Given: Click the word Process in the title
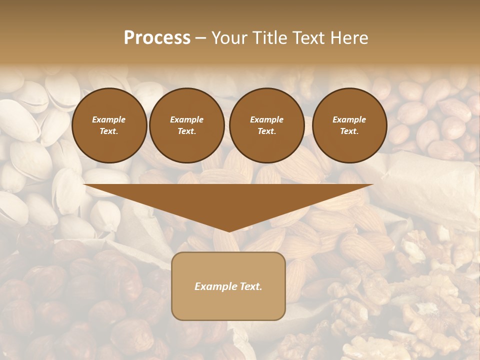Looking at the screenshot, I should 157,38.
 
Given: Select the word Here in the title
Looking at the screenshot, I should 348,38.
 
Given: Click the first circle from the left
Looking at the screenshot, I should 109,125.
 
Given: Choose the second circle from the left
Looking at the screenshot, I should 187,125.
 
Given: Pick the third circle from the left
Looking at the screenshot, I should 267,125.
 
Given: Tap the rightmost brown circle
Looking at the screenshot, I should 349,125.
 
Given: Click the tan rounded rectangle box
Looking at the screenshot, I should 228,286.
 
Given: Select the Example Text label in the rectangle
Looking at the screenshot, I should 228,286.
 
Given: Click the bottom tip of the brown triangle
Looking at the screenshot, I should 228,231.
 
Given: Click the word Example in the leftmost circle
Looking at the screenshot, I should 109,119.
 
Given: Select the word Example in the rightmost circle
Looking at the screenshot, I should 349,119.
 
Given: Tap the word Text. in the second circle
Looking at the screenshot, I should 187,131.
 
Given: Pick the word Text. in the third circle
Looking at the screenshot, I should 267,131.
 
